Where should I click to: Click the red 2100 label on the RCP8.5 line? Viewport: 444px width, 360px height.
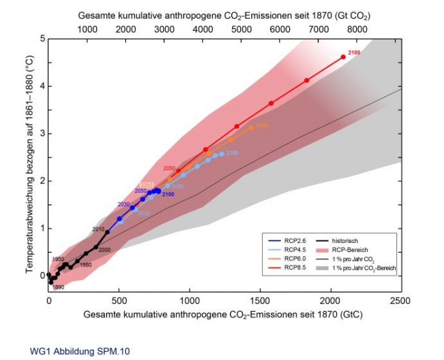[355, 51]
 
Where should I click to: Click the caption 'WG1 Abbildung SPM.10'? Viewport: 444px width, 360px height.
[70, 352]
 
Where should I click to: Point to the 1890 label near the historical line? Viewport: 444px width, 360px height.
[58, 287]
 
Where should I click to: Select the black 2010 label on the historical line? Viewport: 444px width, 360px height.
[98, 230]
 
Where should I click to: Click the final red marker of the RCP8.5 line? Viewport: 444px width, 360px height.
[343, 57]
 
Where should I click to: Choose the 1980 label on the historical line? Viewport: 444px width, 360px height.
[85, 265]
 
